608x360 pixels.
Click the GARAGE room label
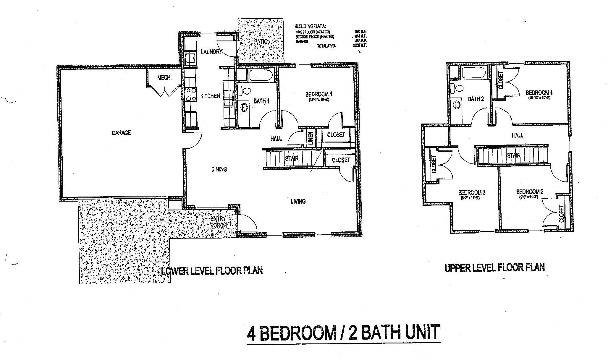121,133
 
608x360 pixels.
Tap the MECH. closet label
164,78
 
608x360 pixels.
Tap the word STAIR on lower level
292,159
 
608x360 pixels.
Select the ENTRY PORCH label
219,222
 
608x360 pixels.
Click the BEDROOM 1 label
319,94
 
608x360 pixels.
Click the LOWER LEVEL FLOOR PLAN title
212,271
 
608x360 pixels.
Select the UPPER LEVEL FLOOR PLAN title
494,268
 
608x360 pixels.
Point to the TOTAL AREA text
326,46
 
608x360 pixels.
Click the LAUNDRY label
211,52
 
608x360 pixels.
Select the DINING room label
219,169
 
